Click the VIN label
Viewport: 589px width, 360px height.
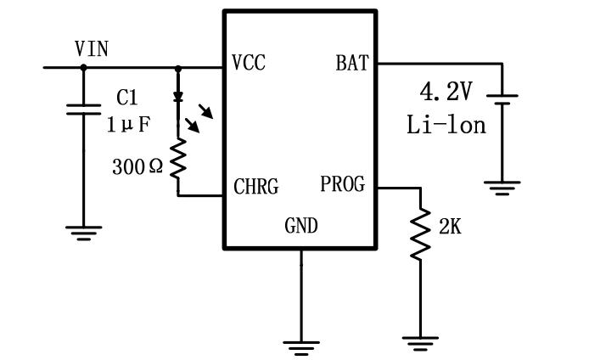tap(92, 49)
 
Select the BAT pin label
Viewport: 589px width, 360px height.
tap(351, 64)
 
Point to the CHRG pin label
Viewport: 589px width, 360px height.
tap(255, 187)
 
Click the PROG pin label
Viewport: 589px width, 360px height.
tap(343, 184)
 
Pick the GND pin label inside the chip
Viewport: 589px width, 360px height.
tap(300, 225)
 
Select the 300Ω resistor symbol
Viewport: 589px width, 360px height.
tap(178, 160)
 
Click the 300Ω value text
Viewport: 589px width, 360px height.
tap(137, 166)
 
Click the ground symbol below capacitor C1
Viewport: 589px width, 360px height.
tap(83, 233)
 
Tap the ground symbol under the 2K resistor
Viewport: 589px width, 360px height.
tap(419, 343)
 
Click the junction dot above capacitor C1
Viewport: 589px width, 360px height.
tap(83, 67)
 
